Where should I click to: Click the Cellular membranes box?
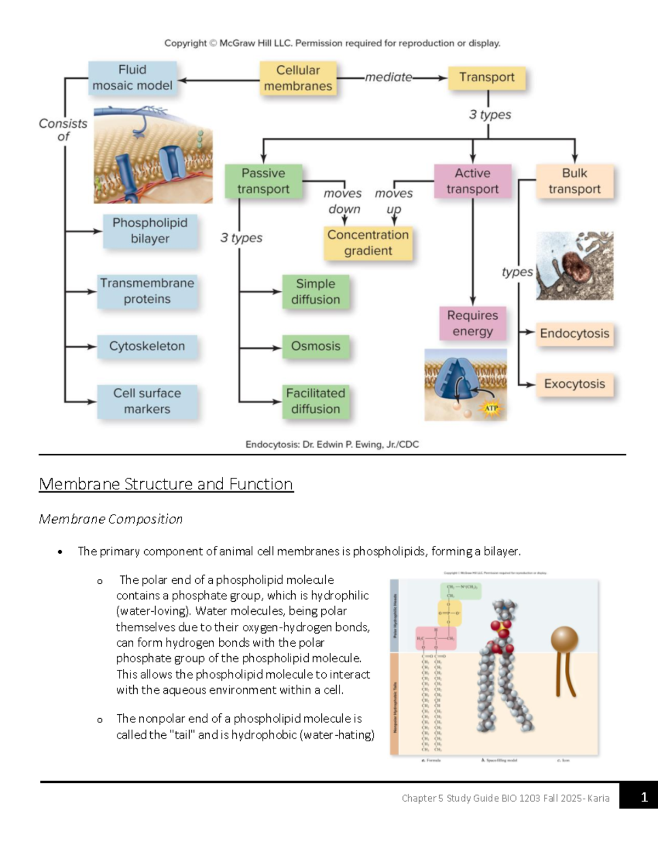coord(298,78)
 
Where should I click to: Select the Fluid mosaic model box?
coord(132,78)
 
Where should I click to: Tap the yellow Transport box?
coord(486,77)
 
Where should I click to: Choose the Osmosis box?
coord(315,346)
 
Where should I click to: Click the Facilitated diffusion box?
coord(315,401)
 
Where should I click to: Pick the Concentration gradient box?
coord(367,242)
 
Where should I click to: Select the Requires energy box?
coord(472,323)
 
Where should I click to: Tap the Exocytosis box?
coord(574,384)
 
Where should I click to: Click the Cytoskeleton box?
coord(146,346)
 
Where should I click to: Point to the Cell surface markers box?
coord(146,401)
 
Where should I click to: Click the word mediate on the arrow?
coord(388,77)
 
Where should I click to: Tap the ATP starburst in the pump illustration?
coord(491,408)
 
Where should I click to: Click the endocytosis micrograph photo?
coord(574,266)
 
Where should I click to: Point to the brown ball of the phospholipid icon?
coord(564,640)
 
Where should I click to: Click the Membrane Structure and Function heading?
coord(166,484)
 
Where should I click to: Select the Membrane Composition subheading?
coord(110,519)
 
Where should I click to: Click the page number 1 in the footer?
coord(644,797)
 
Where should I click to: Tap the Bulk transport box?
coord(574,181)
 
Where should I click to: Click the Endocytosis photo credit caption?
coord(332,444)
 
